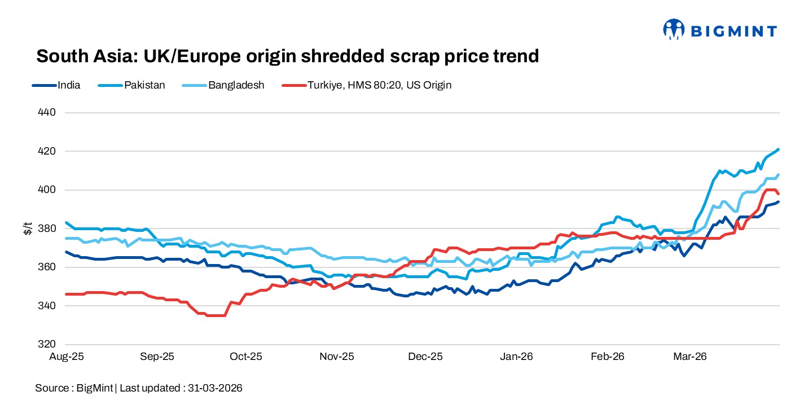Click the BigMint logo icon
coord(674,29)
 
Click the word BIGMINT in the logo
coord(732,31)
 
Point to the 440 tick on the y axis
coord(48,113)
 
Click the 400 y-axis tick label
coord(48,190)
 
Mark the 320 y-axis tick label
coord(48,344)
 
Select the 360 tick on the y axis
coord(48,267)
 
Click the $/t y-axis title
coord(28,228)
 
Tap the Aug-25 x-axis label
coord(67,357)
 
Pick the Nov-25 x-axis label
coord(336,357)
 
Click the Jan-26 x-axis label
coord(517,357)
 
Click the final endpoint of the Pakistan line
coord(779,150)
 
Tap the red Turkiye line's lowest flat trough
coord(216,315)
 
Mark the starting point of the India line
coord(67,252)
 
